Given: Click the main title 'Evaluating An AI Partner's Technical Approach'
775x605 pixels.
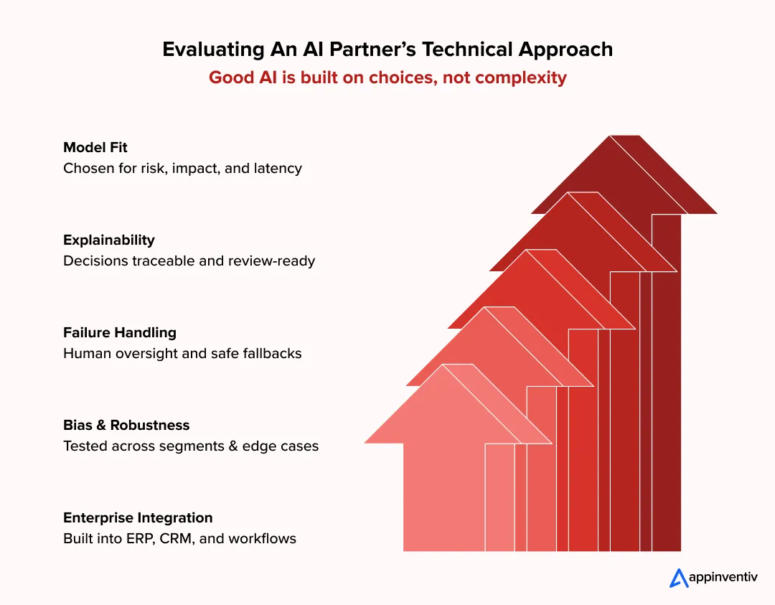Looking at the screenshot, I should click(x=387, y=50).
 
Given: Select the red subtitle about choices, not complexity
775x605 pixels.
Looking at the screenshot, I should click(x=387, y=77).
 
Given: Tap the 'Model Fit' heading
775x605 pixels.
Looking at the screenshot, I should click(x=95, y=148).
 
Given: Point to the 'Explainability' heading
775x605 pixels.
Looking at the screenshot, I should click(x=108, y=240).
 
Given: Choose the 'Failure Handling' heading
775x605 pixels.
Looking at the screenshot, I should click(x=119, y=332).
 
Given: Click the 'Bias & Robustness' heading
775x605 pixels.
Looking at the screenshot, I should click(x=126, y=425).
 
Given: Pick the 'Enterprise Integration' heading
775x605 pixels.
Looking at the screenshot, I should click(x=138, y=517).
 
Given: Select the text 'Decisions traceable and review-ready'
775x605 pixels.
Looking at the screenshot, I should click(x=189, y=261).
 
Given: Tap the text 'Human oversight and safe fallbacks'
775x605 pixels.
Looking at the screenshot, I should click(x=182, y=353).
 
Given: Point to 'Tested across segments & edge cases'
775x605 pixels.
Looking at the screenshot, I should click(x=191, y=446).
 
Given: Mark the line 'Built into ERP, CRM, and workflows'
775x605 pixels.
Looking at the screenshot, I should click(x=179, y=538).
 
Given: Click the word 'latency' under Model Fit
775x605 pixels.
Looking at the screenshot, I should click(x=278, y=169).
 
